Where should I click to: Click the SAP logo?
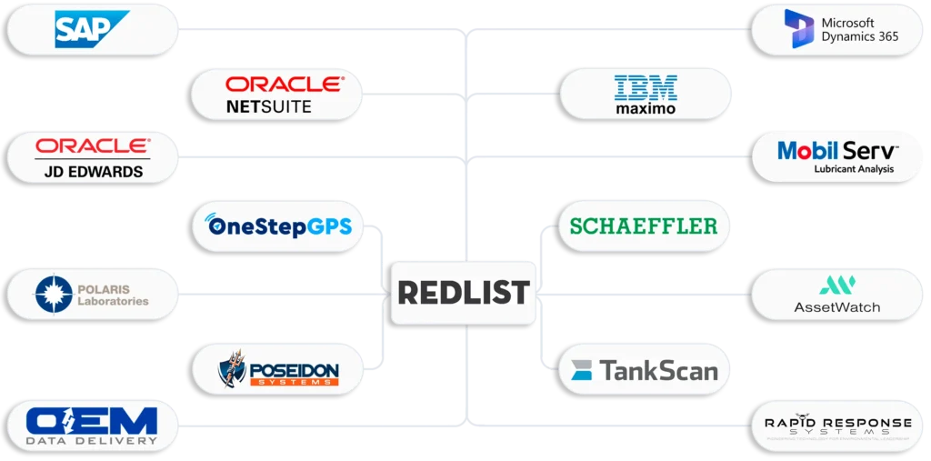(x=92, y=29)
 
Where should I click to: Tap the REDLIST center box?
(x=464, y=293)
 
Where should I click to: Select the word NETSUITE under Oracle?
(x=268, y=106)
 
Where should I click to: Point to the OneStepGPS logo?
(x=279, y=225)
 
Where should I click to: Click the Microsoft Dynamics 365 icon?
(x=799, y=29)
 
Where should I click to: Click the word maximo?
(x=646, y=109)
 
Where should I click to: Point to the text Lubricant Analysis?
(x=853, y=169)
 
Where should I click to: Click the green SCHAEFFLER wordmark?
(x=644, y=226)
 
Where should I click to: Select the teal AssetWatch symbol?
(x=836, y=286)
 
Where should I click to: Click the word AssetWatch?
(x=836, y=307)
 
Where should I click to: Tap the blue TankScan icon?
(x=582, y=370)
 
